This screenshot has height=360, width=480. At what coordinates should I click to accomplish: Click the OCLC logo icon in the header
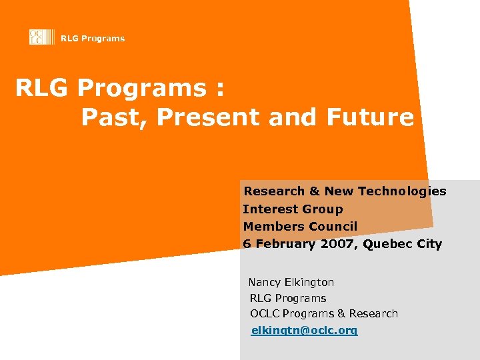37,37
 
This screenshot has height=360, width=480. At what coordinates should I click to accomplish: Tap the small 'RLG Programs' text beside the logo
92,39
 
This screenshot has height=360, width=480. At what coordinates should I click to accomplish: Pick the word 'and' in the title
293,117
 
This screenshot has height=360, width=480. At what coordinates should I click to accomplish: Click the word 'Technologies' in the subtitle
402,192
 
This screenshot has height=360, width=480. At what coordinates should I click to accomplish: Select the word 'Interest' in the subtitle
269,209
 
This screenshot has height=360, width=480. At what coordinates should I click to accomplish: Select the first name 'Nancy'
264,283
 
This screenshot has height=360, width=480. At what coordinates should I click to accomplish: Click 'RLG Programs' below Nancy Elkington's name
288,299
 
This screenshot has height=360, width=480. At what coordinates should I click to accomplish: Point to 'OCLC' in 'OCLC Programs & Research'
265,314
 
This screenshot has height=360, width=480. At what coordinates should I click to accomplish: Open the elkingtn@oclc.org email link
304,331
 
